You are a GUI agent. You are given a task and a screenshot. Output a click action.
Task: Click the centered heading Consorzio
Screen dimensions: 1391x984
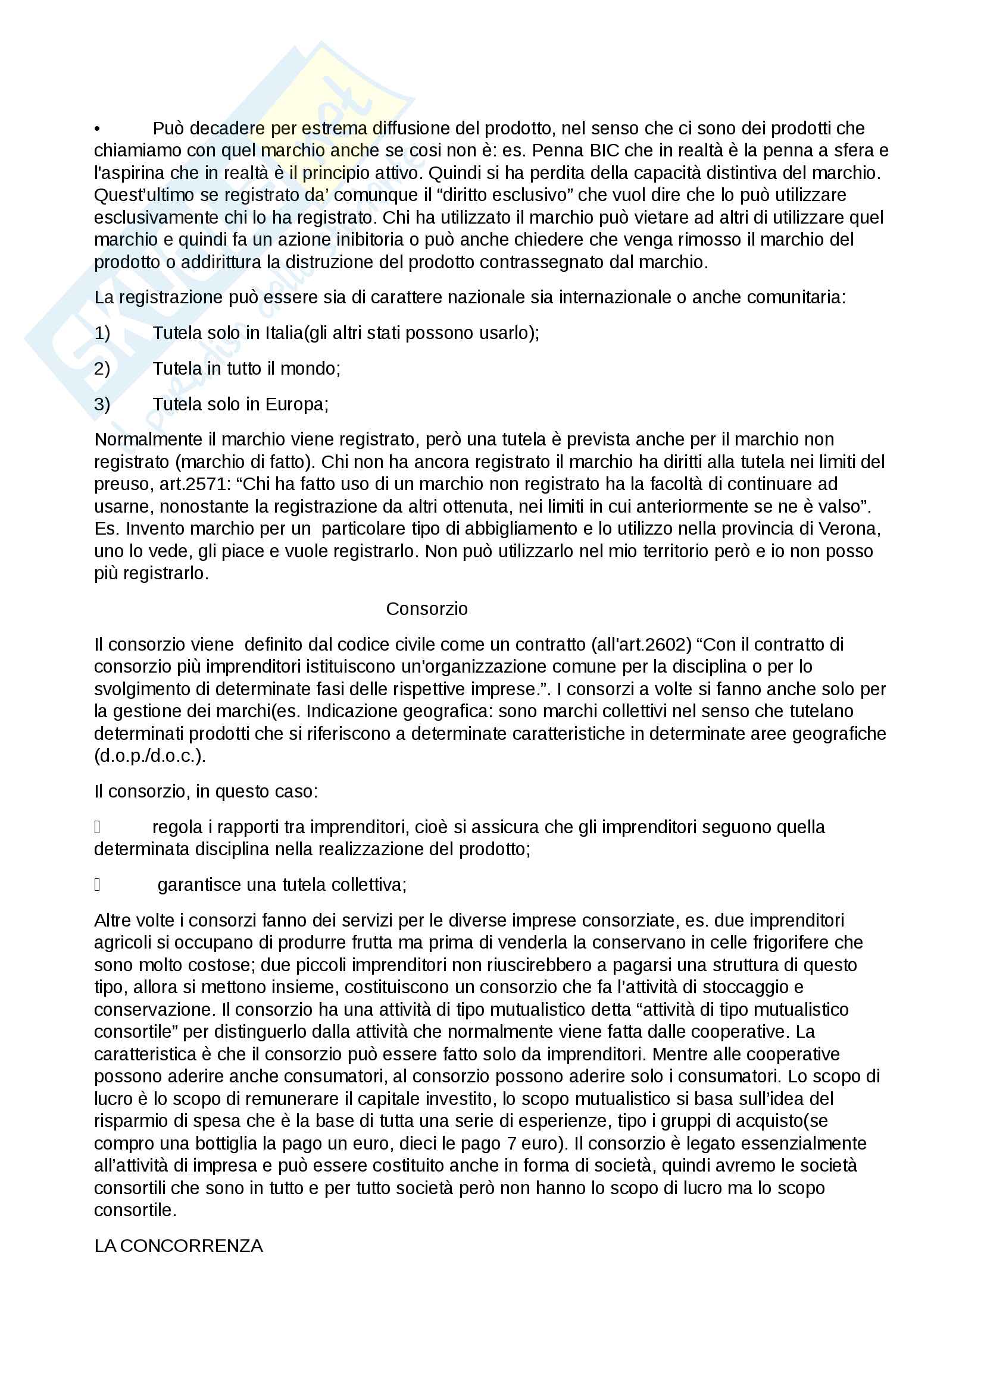427,609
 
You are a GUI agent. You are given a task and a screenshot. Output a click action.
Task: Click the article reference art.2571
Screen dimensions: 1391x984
191,484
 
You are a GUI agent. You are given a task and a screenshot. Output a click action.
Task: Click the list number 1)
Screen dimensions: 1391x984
102,333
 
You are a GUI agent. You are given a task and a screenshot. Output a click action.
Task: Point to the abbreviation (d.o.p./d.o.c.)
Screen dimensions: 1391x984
150,755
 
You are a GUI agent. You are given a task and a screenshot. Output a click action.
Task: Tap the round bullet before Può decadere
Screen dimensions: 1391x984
97,128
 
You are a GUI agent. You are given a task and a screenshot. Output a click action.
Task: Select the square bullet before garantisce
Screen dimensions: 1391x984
97,885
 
